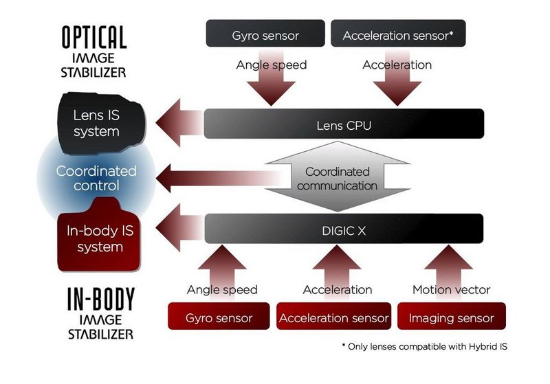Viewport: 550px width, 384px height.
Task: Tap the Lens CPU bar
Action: tap(344, 124)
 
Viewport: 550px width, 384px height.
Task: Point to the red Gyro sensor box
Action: tap(219, 317)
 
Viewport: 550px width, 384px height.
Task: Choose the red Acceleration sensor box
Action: tap(334, 317)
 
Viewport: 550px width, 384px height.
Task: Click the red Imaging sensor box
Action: tap(450, 317)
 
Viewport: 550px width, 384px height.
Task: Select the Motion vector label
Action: tap(450, 290)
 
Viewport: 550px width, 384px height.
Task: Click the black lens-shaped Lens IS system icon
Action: tap(96, 124)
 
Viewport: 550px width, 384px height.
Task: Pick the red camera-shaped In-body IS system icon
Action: tap(96, 238)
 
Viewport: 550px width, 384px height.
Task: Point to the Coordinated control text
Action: tap(96, 177)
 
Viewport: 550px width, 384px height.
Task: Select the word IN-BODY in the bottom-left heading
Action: tap(100, 300)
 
